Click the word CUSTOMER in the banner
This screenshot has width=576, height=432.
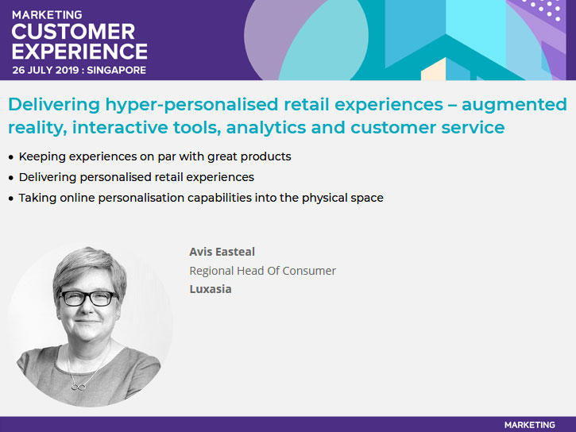coord(73,32)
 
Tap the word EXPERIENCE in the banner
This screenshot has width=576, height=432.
coord(79,51)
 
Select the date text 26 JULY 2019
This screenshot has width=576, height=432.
coord(45,70)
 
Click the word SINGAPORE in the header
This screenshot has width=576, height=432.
coord(117,70)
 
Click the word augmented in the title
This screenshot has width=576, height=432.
coord(514,106)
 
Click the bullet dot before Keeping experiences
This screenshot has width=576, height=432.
coord(11,157)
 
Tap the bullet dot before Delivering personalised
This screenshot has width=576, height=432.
coord(11,178)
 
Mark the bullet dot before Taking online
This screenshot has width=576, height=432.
coord(11,199)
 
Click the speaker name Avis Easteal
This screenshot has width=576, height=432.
coord(222,252)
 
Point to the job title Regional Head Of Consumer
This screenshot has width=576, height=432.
coord(263,271)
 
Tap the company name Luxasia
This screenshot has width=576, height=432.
coord(211,289)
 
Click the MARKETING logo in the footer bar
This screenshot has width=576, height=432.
coord(529,425)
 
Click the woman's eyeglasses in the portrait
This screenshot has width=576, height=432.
coord(88,299)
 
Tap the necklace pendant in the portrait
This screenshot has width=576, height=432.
coord(78,386)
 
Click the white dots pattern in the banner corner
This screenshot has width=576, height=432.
coord(545,9)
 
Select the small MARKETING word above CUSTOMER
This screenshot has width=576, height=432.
coord(47,15)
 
